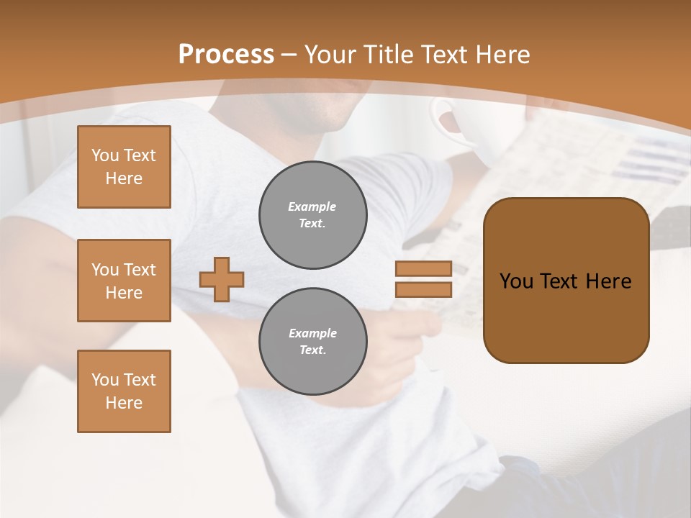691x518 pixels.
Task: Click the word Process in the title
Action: click(x=226, y=54)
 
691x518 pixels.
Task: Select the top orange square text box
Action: click(x=124, y=167)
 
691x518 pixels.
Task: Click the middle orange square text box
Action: click(x=124, y=281)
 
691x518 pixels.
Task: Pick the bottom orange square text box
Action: click(x=124, y=391)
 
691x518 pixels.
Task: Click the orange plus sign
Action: click(x=222, y=279)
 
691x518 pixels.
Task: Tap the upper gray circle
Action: click(x=312, y=214)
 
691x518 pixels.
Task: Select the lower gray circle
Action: click(x=312, y=341)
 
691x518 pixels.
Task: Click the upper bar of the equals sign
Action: click(x=423, y=268)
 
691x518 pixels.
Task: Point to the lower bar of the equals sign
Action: click(x=423, y=289)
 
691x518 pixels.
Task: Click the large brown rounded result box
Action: click(x=566, y=317)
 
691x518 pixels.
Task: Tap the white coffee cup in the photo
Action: click(x=461, y=129)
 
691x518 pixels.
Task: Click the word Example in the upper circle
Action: click(x=312, y=206)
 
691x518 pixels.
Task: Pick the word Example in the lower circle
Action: click(x=312, y=333)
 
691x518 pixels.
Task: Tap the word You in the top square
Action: click(x=105, y=155)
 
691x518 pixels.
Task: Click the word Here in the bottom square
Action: click(x=124, y=403)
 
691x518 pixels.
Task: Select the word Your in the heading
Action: click(x=329, y=55)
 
